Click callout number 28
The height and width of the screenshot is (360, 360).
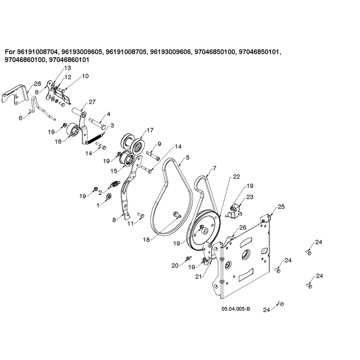tap(37, 84)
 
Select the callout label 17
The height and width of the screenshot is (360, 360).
tap(150, 130)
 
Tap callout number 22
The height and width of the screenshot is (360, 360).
tap(236, 177)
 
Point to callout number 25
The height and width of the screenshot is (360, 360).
tap(281, 207)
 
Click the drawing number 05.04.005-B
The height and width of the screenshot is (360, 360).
tap(236, 309)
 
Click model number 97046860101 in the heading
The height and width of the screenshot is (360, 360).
tap(69, 60)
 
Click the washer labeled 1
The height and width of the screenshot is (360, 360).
tap(109, 197)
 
